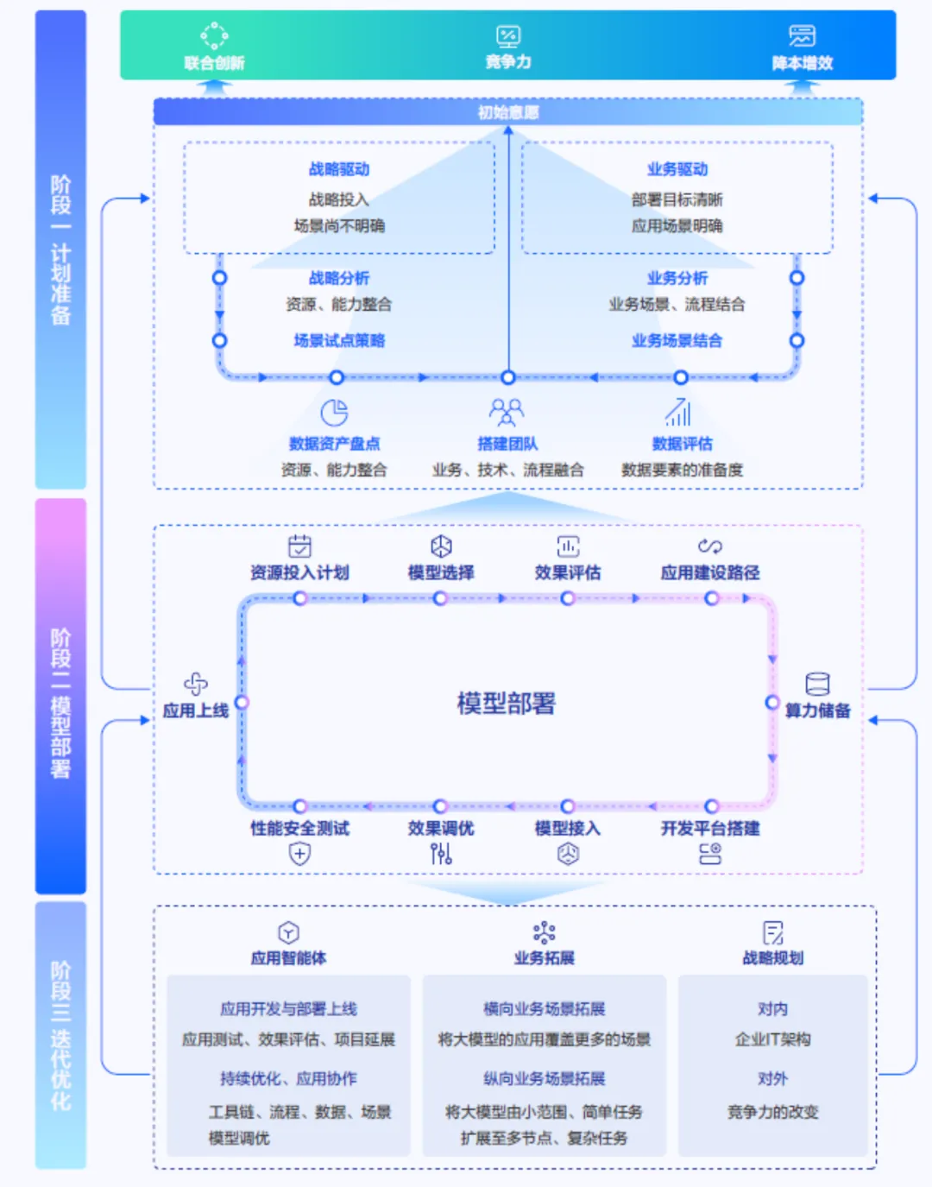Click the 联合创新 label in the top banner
point(214,63)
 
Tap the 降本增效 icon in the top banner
point(802,35)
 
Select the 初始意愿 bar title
point(508,112)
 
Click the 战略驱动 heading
point(339,169)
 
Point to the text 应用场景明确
point(677,226)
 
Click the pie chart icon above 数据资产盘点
point(334,413)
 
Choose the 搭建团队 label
point(507,444)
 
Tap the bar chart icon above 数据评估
point(678,413)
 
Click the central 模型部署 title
point(507,704)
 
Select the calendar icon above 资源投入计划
point(299,546)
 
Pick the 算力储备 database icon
point(817,685)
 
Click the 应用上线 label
point(196,710)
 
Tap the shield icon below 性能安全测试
point(299,854)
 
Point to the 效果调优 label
point(441,829)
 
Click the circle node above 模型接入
point(567,806)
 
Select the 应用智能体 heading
point(288,958)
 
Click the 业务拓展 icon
point(544,932)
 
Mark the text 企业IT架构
point(772,1039)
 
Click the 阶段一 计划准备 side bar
point(60,249)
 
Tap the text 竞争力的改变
point(772,1112)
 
